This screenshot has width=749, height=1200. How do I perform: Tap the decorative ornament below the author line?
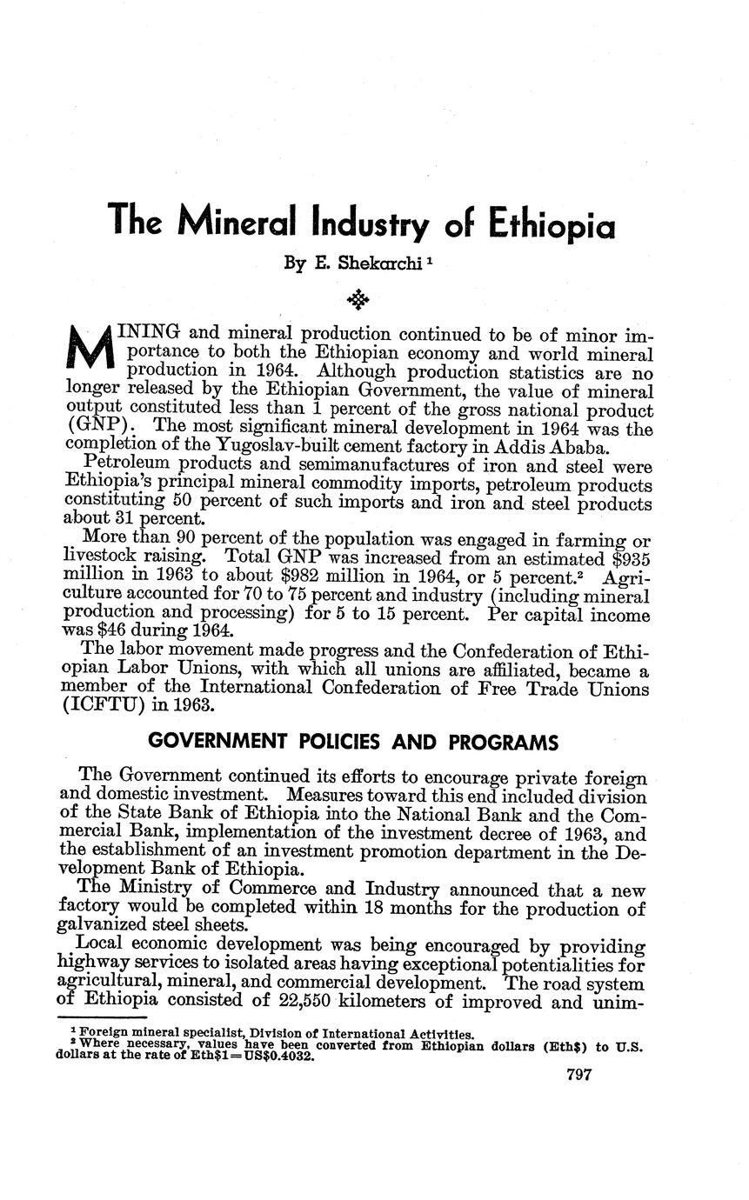coord(358,300)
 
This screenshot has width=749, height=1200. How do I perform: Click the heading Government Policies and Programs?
coord(352,743)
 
